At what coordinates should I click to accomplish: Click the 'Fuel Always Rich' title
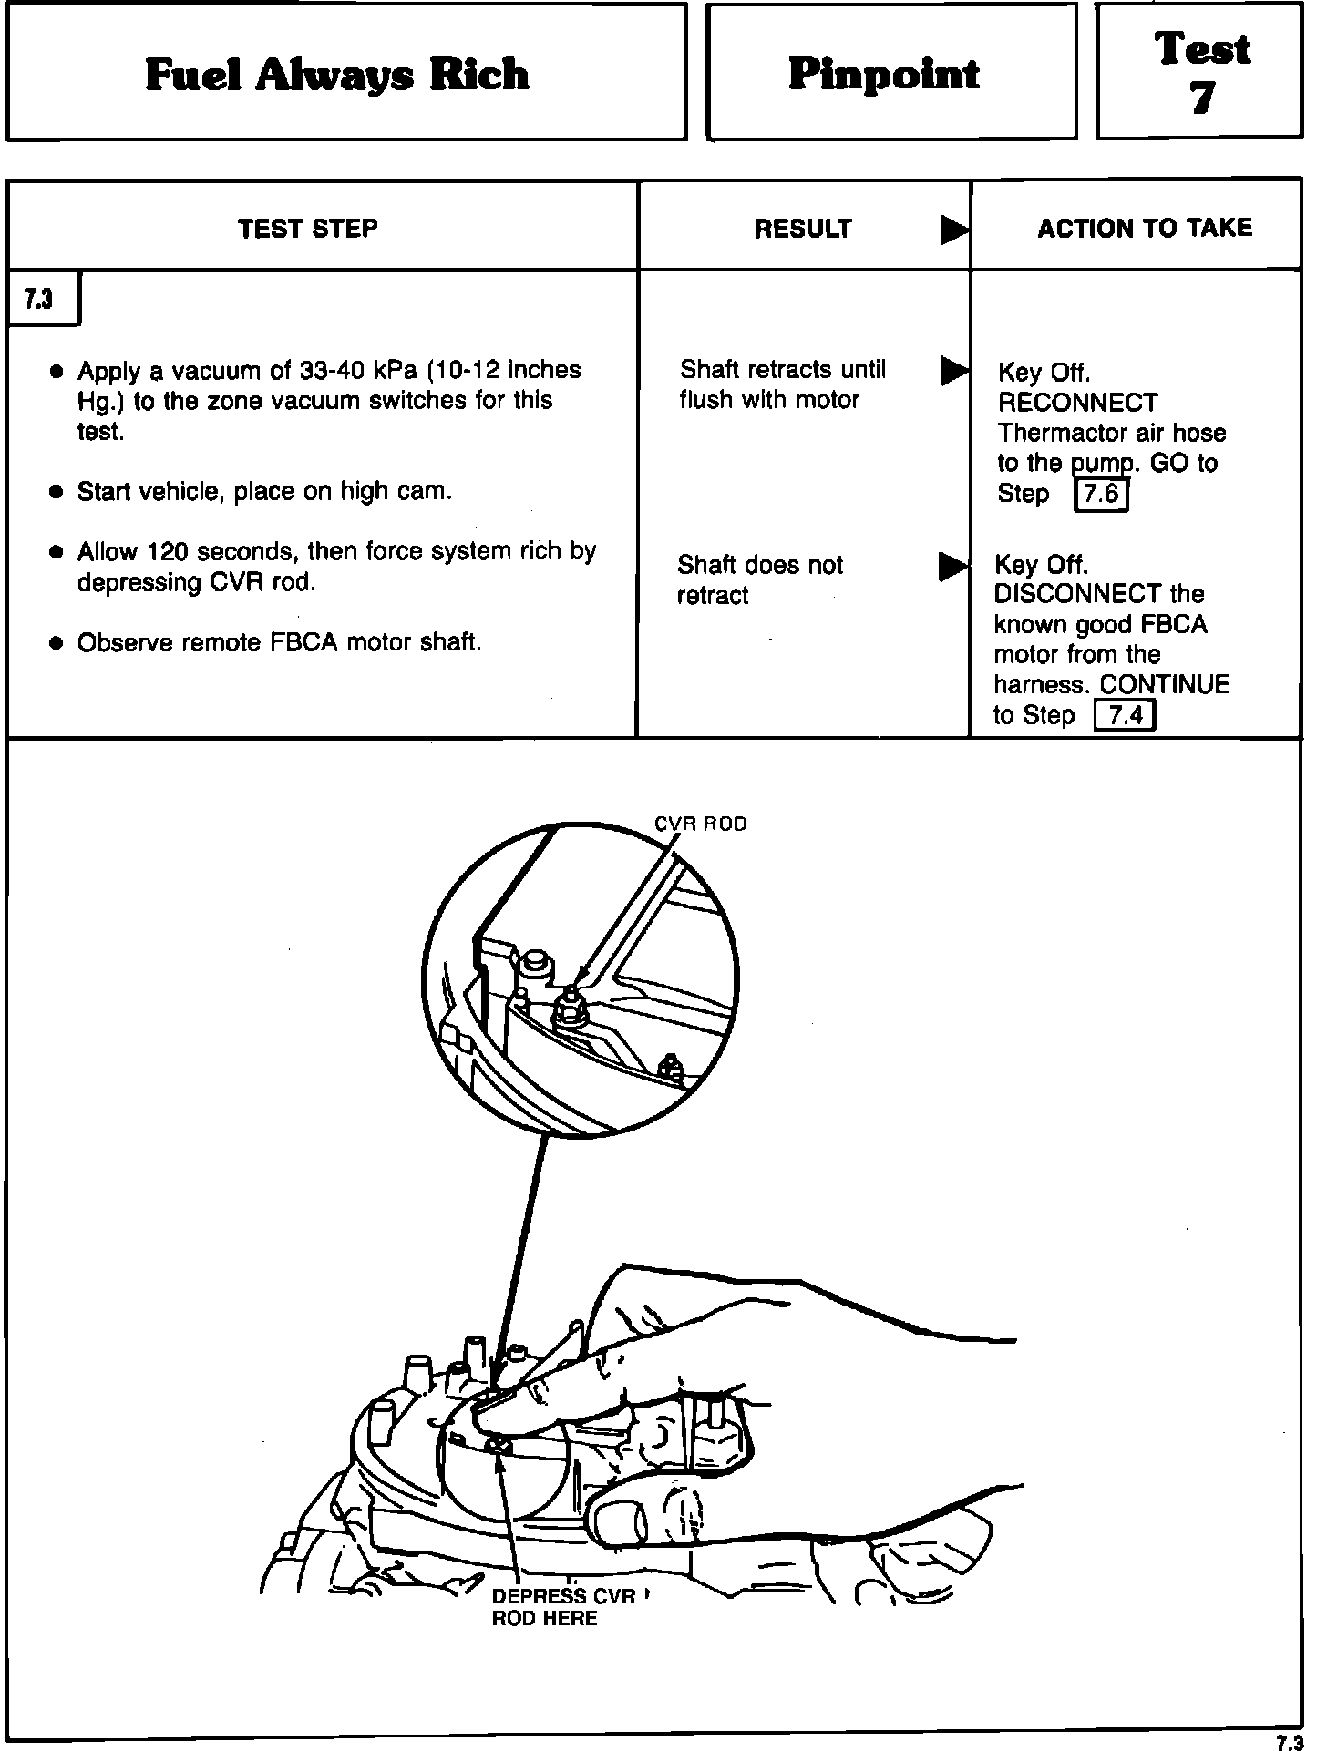[336, 75]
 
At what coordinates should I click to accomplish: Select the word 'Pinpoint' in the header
[883, 74]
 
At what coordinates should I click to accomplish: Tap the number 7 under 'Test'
[1201, 98]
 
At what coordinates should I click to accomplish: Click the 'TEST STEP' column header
[308, 228]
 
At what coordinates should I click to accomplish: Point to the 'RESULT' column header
[802, 229]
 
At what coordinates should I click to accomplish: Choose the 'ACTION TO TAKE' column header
[1145, 228]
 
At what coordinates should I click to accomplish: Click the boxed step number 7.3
[38, 299]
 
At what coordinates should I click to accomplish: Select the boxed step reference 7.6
[1102, 495]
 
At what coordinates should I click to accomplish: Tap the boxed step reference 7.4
[1124, 716]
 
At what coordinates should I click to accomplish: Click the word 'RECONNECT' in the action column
[1077, 403]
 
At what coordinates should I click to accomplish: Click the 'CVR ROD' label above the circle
[701, 824]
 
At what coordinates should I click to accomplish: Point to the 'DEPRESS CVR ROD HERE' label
[562, 1608]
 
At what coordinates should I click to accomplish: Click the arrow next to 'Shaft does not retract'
[953, 567]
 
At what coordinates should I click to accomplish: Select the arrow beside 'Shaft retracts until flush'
[953, 371]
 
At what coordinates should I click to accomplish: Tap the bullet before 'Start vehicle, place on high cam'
[57, 493]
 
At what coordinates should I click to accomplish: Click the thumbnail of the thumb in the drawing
[619, 1519]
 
